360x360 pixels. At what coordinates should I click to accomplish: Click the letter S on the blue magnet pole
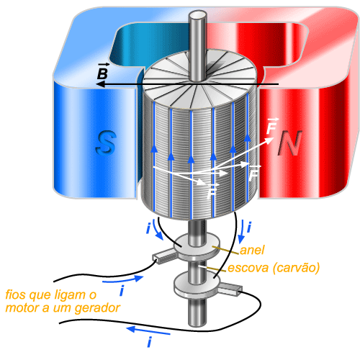click(106, 143)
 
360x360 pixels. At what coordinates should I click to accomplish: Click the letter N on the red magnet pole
click(289, 143)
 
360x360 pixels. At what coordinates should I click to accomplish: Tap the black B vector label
click(103, 71)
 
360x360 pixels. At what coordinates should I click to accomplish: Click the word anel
click(252, 250)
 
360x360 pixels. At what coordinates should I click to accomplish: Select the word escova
click(248, 268)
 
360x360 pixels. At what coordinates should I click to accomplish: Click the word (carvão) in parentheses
click(297, 268)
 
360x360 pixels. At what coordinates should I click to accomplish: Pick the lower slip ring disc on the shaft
click(197, 285)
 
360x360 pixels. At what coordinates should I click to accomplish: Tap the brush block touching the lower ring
click(230, 289)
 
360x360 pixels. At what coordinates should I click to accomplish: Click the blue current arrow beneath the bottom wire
click(148, 330)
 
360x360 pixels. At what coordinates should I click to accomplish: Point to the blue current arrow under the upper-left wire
click(123, 279)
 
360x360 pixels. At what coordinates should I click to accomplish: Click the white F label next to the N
click(272, 126)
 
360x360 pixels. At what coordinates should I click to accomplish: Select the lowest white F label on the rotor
click(212, 191)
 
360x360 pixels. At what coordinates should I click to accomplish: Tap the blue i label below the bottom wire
click(149, 342)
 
